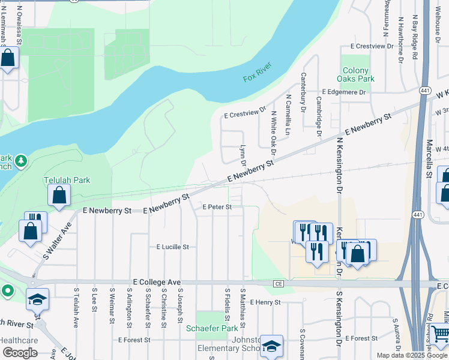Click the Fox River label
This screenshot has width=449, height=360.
[258, 71]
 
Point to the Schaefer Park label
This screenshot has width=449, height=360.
[212, 328]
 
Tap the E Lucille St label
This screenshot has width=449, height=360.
[173, 247]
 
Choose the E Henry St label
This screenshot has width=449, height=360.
[265, 302]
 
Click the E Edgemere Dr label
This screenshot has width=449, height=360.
[344, 92]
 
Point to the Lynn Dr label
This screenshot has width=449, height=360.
[243, 155]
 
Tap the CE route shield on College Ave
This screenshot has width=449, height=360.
[278, 283]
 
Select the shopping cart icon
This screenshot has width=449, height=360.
[440, 332]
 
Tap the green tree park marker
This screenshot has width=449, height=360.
[21, 161]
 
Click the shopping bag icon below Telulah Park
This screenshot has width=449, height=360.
[59, 194]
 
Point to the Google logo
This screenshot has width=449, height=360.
[20, 353]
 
